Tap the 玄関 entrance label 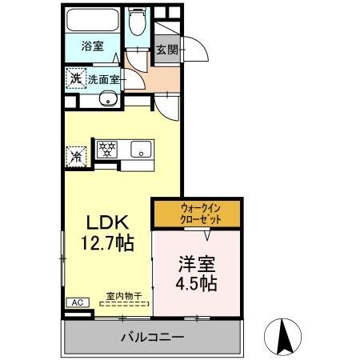166,50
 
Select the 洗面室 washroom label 102,79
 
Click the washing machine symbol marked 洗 75,78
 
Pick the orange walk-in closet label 198,214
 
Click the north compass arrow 284,336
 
